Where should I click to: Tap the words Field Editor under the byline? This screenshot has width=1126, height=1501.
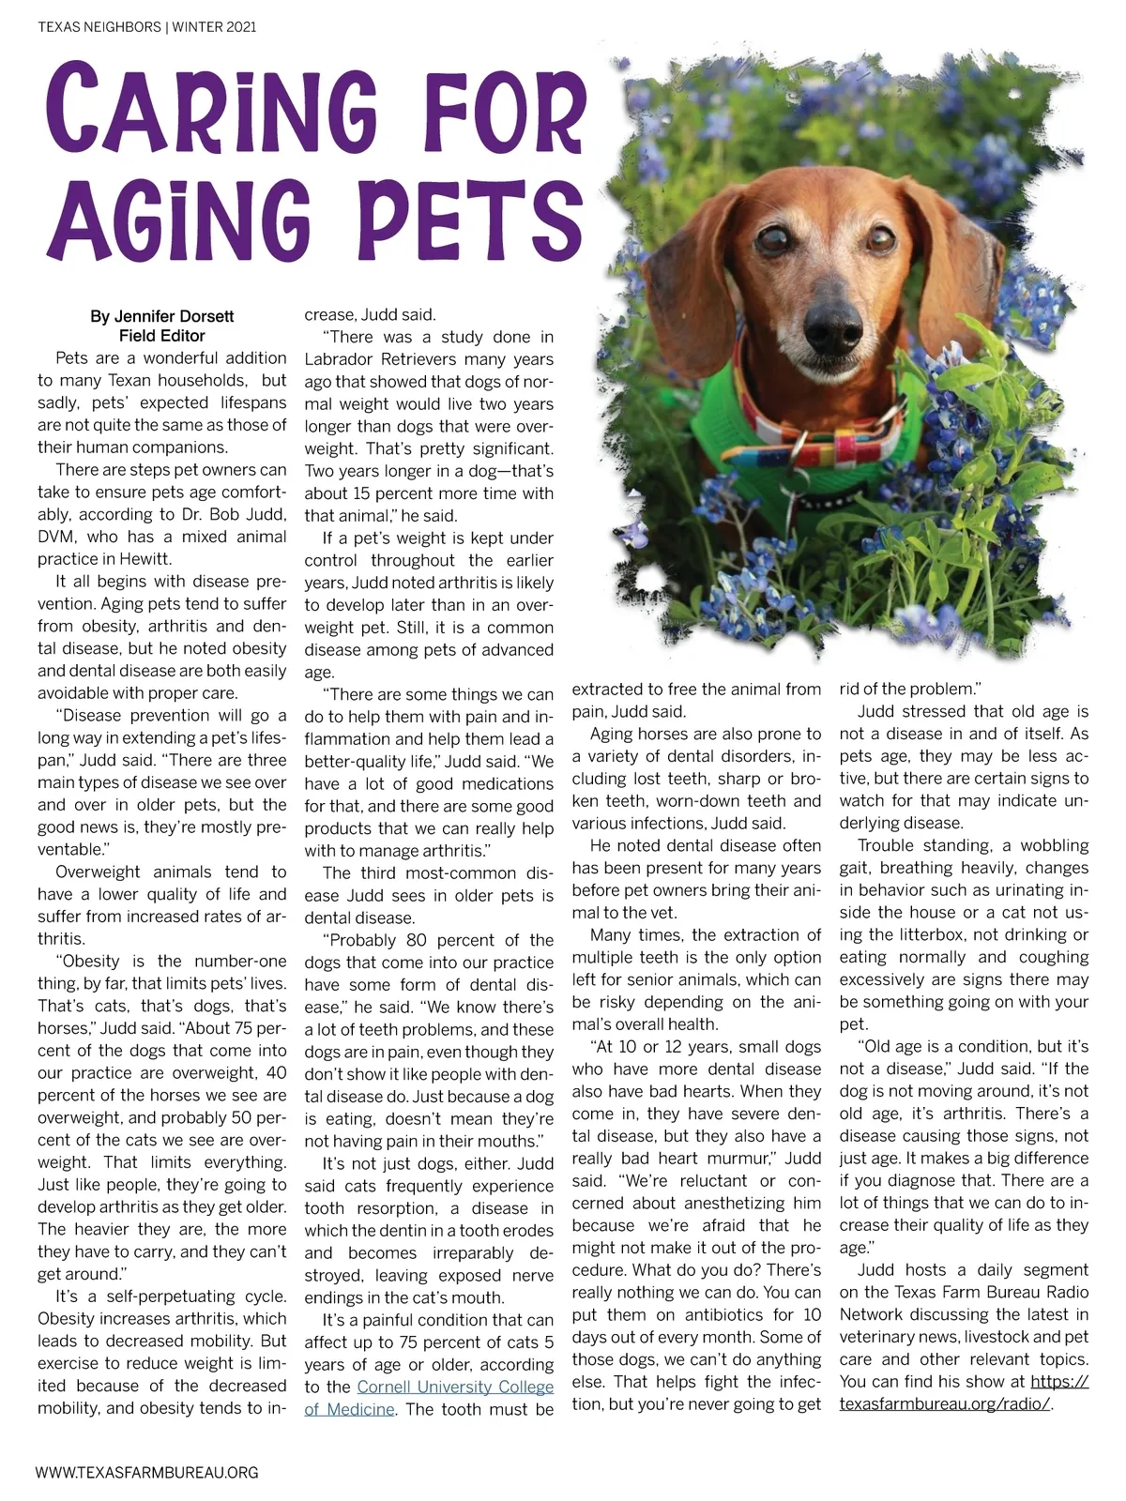point(161,336)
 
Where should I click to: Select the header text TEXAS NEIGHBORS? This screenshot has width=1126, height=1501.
point(99,27)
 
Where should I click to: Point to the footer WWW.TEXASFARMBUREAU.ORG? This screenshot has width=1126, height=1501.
point(146,1473)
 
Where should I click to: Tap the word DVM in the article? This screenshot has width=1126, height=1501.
point(55,537)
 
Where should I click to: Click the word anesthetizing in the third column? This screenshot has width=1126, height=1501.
point(724,1204)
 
